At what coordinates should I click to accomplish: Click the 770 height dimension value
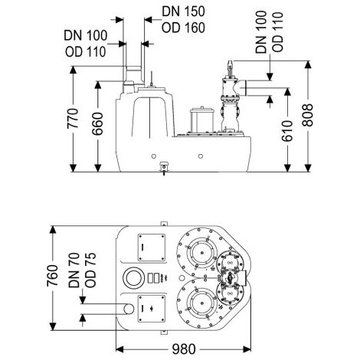[73, 119]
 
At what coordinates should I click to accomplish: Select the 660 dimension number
[97, 123]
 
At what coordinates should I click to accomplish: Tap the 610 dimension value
[287, 131]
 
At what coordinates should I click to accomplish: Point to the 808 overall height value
[308, 115]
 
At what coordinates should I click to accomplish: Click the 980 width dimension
[184, 349]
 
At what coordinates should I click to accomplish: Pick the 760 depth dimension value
[53, 276]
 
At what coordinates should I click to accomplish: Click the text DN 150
[183, 11]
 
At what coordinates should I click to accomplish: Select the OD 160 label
[183, 28]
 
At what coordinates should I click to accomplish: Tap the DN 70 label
[74, 270]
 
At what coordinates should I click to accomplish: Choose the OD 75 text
[90, 270]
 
